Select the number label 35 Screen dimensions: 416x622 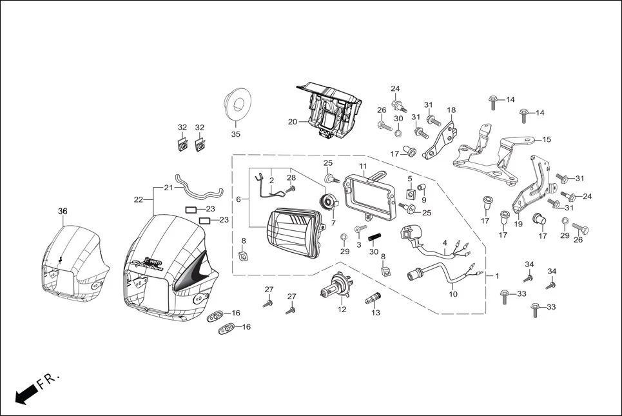(235, 134)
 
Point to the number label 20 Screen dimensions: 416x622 (292, 121)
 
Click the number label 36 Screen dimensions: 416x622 (63, 211)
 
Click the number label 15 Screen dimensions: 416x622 (547, 139)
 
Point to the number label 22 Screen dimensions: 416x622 (138, 200)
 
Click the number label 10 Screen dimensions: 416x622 (453, 294)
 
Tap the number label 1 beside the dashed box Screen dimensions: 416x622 (497, 275)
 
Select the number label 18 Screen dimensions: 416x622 (451, 110)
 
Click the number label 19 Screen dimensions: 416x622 (518, 225)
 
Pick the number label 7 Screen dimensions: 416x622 (333, 223)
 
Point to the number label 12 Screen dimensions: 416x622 (342, 310)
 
